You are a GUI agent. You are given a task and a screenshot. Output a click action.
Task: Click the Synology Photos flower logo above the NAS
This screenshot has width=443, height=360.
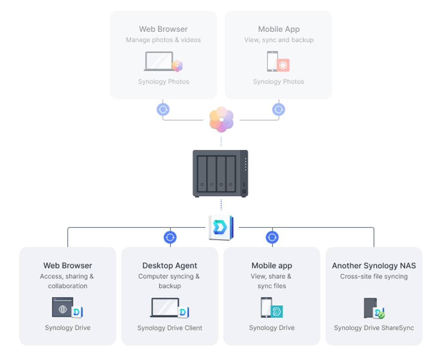[221, 119]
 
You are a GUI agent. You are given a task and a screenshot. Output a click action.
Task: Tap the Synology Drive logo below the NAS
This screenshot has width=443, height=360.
[221, 228]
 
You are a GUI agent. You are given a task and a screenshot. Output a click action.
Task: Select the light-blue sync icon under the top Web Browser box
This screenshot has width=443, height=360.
[163, 110]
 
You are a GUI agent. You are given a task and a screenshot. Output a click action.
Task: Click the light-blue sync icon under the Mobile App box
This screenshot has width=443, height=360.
[278, 110]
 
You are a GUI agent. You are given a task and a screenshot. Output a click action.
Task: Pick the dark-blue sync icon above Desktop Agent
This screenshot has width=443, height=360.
[170, 237]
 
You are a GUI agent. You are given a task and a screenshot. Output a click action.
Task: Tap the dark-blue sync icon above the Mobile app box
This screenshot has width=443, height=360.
[272, 237]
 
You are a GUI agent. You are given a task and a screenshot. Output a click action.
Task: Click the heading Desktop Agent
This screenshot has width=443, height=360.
[170, 266]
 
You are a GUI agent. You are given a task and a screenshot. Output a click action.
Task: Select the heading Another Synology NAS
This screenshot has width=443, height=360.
[374, 266]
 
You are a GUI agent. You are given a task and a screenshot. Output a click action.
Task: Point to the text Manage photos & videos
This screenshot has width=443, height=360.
[163, 40]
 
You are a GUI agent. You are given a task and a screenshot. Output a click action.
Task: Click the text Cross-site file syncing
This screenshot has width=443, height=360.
[374, 276]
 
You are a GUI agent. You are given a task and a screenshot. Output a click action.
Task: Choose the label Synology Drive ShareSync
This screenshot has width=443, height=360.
[374, 328]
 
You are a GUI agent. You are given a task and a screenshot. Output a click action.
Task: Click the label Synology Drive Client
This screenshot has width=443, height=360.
[170, 328]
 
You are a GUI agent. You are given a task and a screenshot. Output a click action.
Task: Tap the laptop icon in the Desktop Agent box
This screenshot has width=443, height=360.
[164, 307]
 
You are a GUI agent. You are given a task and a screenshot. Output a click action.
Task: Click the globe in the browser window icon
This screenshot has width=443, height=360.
[63, 309]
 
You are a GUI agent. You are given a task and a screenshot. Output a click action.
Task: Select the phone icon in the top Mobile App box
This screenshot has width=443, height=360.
[272, 61]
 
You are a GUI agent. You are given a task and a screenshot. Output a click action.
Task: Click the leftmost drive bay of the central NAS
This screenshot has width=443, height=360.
[202, 174]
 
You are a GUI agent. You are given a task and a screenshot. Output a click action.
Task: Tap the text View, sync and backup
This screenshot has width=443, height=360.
[279, 40]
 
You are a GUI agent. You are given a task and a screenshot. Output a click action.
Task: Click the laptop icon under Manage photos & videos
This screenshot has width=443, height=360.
[159, 61]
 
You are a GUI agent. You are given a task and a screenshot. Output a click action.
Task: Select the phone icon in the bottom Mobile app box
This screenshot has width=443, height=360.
[266, 307]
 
